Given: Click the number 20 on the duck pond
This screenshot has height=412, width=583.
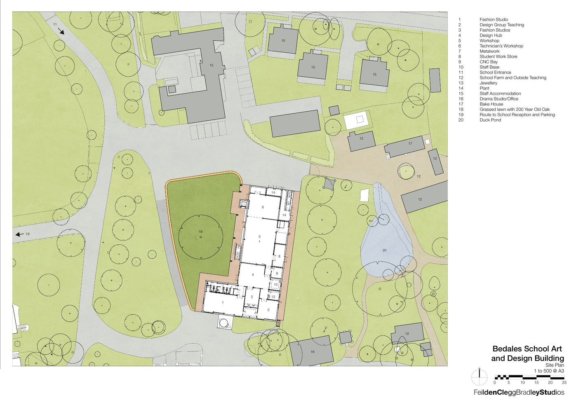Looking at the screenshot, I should tap(384, 250).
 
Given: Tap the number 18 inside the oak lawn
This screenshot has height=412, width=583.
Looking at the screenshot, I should tap(200, 232).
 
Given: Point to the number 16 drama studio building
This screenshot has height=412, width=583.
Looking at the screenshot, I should tap(312, 352).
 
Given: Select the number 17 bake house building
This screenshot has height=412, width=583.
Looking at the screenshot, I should tap(410, 143).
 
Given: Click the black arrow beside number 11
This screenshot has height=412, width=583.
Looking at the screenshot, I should tap(61, 31).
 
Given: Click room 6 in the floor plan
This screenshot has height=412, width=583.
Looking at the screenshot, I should tap(263, 207).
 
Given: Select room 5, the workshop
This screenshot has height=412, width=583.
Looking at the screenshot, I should tap(259, 236).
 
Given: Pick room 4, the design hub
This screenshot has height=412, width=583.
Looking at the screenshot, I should tap(253, 274).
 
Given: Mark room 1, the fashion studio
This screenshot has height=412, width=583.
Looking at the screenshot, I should tap(223, 302).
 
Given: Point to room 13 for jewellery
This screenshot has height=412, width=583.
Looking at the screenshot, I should tap(273, 297).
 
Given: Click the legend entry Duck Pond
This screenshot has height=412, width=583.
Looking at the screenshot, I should tap(490, 120).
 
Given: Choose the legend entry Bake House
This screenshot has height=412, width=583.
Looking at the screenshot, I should tap(491, 104).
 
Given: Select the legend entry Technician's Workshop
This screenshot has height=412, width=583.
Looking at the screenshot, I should tap(501, 46).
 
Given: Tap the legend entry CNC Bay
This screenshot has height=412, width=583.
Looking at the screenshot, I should tap(489, 62).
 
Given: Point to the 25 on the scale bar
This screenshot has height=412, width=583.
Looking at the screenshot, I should tap(564, 383).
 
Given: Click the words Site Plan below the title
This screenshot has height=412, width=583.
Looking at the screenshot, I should tap(555, 365).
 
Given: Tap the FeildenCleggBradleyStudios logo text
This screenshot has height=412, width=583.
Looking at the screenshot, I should tap(519, 393).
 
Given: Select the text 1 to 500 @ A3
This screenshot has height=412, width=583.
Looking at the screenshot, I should tap(549, 371).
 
